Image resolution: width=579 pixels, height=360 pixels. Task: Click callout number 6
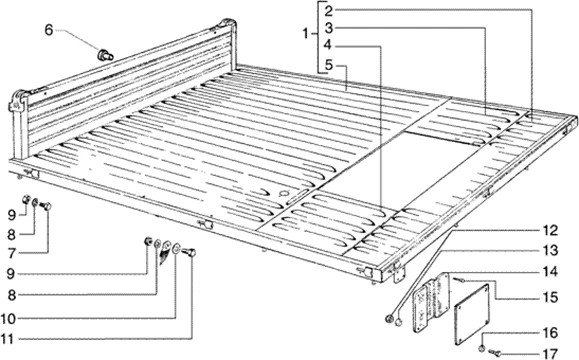click(49, 30)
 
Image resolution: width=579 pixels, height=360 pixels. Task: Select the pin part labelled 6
click(105, 55)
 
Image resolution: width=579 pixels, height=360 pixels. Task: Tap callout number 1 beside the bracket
click(305, 34)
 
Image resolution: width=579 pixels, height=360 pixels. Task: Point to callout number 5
click(329, 66)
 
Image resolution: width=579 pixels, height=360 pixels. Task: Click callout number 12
click(550, 231)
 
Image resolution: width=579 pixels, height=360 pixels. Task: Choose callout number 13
click(550, 250)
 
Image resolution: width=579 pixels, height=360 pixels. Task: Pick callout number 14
click(550, 272)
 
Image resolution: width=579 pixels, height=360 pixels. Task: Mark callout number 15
click(550, 297)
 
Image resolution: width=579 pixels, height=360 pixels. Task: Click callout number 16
click(550, 333)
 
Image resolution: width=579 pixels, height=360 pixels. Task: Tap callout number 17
click(550, 353)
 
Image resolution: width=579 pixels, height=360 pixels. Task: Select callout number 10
click(8, 318)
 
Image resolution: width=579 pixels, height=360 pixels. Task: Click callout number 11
click(8, 339)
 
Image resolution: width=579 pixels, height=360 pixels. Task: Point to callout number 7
click(12, 253)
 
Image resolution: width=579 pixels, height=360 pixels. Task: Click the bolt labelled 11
click(188, 253)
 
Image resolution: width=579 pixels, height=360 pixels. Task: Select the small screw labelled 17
click(494, 353)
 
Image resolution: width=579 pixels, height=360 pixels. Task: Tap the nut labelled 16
click(482, 348)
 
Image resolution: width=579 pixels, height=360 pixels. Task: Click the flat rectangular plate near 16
click(472, 314)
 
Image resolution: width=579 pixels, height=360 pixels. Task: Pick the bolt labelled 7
click(45, 206)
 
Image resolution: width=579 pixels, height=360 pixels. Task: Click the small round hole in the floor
click(284, 193)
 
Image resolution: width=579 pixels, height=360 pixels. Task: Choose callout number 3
click(329, 28)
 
